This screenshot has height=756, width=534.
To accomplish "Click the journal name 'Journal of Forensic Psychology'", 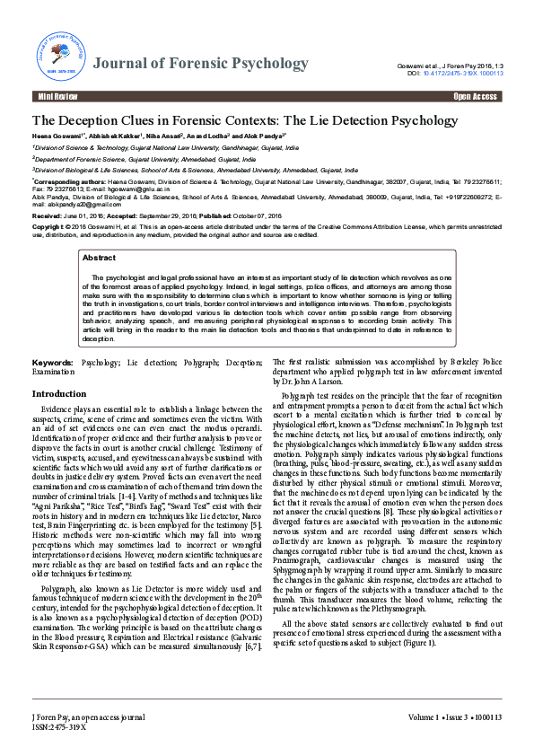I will click(200, 64).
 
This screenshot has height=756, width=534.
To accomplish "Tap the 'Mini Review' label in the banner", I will click(57, 96).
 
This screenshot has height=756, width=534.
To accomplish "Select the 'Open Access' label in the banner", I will click(475, 96).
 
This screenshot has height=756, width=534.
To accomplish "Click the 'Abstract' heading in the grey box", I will click(99, 258).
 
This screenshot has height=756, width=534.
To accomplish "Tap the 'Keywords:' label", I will click(53, 363).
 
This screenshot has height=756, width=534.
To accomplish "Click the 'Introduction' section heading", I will click(59, 394).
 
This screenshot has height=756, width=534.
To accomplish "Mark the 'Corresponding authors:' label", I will click(70, 180).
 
